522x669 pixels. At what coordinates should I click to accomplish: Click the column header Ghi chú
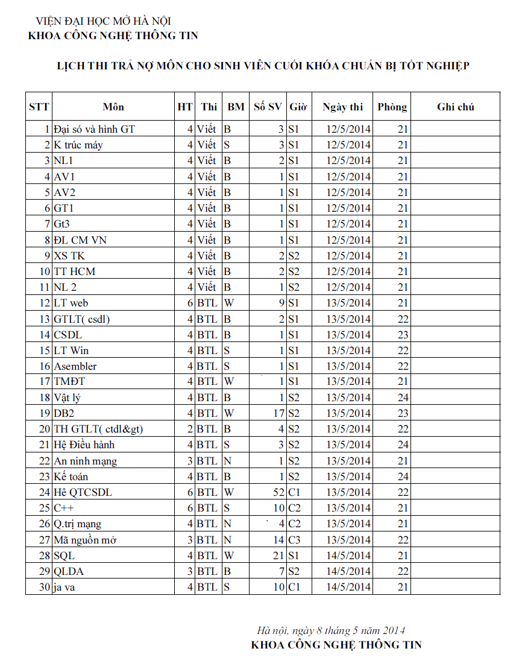point(455,107)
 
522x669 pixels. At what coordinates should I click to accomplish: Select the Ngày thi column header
point(342,107)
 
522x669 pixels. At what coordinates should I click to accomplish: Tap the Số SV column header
point(268,107)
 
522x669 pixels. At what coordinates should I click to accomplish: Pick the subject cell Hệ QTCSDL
point(83,492)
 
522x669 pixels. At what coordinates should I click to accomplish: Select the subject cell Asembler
point(75,366)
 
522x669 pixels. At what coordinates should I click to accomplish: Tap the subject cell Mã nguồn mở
point(85,540)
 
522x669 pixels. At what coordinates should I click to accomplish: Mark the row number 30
point(43,587)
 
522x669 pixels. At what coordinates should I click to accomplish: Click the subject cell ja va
point(64,587)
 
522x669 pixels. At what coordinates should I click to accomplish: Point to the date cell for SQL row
point(348,556)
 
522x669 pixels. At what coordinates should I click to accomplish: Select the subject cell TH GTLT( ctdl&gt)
point(98,429)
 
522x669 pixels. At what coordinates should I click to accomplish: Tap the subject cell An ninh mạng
point(86,461)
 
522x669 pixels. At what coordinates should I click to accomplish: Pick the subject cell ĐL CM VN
point(80,240)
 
